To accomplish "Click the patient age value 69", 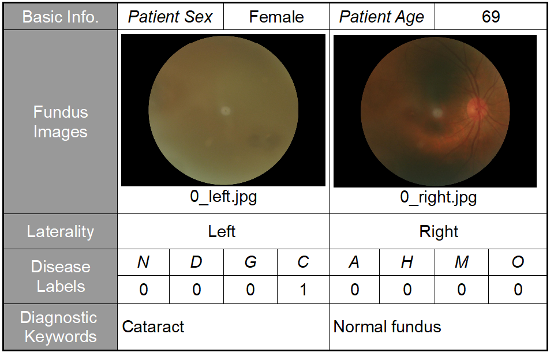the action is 491,17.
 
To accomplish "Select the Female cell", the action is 276,17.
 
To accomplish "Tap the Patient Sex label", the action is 170,17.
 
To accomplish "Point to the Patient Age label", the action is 381,17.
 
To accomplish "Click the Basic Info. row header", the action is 61,17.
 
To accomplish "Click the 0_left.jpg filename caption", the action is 223,196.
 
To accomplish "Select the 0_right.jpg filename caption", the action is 438,197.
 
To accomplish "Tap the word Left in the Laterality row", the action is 222,231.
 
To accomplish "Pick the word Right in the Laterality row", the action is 439,232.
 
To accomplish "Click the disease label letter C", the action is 303,262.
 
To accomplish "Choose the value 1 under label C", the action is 303,290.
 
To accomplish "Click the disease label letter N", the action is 143,262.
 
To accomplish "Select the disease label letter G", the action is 250,262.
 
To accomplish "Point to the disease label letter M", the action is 462,262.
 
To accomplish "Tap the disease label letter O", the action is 518,262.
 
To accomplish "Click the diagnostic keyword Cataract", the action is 153,327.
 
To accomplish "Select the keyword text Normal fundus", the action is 387,327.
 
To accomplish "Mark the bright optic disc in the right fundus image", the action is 478,107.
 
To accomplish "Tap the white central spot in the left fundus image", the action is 225,111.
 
